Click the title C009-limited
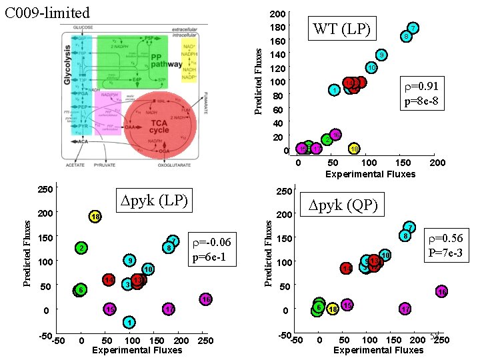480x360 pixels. click(47, 12)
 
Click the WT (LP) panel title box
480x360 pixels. click(341, 29)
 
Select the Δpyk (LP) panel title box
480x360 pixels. click(154, 199)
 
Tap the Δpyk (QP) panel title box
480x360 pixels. click(343, 205)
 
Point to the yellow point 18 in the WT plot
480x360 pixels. click(355, 148)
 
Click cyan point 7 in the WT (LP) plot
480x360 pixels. click(413, 28)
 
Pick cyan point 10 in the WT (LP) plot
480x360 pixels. click(371, 67)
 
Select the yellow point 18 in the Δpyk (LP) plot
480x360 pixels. click(95, 217)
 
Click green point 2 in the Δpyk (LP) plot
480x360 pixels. click(81, 248)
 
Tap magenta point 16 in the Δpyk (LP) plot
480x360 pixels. click(206, 299)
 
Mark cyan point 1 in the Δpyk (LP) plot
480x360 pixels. click(129, 323)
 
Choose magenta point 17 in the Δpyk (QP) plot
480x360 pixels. click(405, 309)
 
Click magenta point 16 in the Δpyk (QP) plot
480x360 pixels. click(441, 291)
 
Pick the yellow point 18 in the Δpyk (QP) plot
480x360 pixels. click(333, 309)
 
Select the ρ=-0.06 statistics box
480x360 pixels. click(211, 249)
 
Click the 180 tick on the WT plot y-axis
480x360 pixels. click(280, 27)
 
